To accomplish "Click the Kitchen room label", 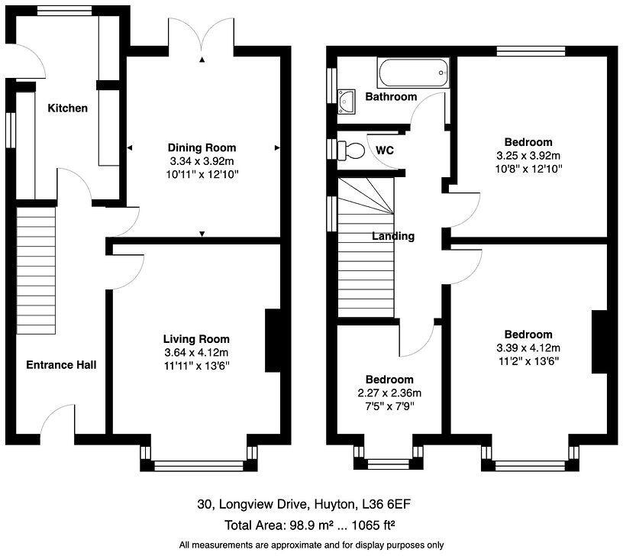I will [x=68, y=108].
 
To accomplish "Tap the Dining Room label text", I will [x=202, y=147].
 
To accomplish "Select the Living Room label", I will [x=196, y=339].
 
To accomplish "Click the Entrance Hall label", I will [x=61, y=365].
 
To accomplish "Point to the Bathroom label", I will [x=391, y=96].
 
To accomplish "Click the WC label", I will [x=385, y=150].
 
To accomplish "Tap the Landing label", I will [x=393, y=236].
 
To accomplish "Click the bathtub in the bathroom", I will [x=412, y=75].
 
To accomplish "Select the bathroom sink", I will [x=347, y=99].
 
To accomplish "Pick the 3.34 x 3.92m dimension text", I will [x=202, y=161].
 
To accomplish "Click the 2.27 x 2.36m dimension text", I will [x=389, y=393].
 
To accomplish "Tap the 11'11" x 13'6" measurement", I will [x=196, y=366].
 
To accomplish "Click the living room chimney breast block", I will [x=273, y=340].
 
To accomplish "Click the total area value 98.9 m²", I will [x=312, y=525].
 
